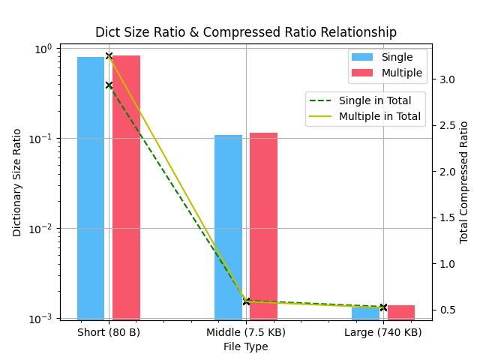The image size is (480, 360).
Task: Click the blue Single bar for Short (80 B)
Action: click(91, 187)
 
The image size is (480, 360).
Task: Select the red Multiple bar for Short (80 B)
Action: click(126, 187)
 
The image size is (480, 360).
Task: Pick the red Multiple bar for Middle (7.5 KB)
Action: click(263, 226)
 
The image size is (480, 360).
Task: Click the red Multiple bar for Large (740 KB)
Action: click(401, 312)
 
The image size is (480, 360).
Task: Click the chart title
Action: click(245, 32)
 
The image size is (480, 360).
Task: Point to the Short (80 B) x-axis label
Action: click(109, 332)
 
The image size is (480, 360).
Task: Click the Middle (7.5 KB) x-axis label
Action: click(246, 332)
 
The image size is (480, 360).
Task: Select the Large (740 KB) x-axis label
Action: click(383, 332)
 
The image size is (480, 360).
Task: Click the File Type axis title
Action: click(245, 346)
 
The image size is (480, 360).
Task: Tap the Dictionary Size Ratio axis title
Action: click(17, 182)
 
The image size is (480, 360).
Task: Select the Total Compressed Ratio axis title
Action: click(464, 182)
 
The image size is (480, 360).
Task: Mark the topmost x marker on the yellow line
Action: click(109, 55)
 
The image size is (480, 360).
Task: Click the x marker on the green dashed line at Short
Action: click(109, 85)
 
